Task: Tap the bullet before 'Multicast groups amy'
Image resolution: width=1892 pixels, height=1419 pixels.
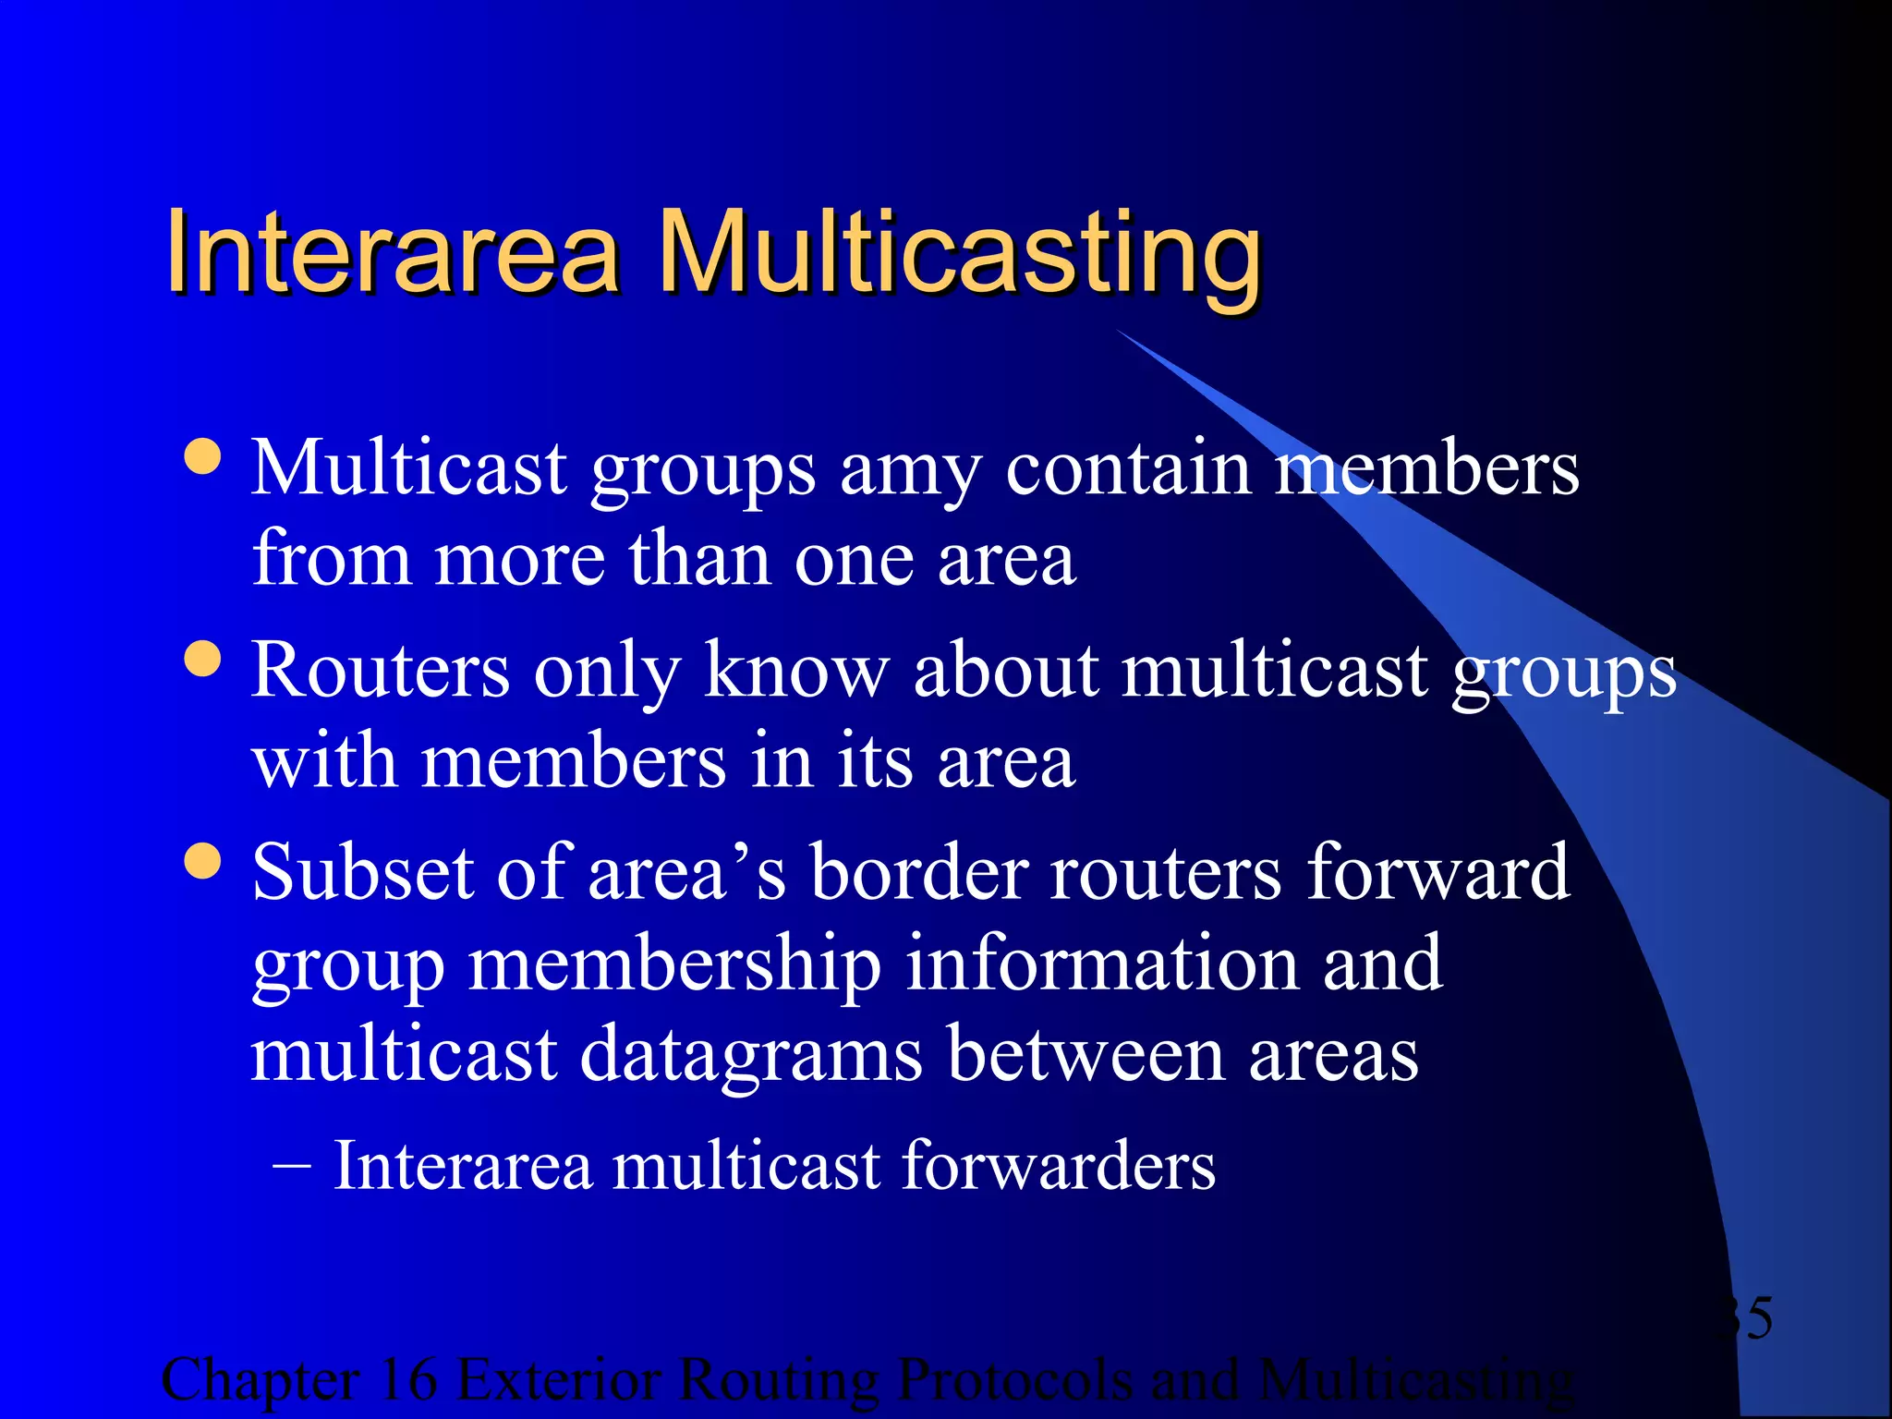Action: [x=202, y=455]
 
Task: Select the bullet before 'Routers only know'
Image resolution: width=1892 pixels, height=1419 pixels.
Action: [x=202, y=659]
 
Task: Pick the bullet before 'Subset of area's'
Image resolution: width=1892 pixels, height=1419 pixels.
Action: [x=202, y=861]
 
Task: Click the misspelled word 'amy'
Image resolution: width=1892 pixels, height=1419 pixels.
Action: [x=909, y=471]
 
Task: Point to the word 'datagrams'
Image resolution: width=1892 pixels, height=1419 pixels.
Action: [x=751, y=1056]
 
